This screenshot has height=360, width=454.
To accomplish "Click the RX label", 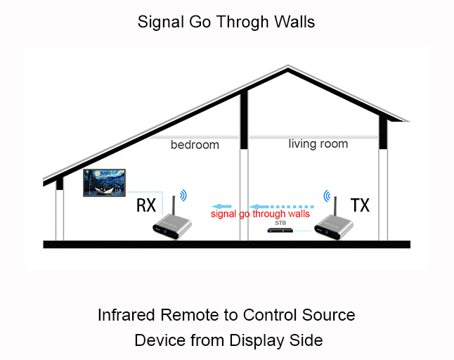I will [145, 205].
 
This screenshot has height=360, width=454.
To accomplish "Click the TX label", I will [360, 205].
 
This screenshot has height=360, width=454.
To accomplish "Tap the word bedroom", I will [195, 145].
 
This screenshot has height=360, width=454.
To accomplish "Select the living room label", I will [318, 143].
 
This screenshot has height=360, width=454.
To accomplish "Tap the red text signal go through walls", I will [261, 214].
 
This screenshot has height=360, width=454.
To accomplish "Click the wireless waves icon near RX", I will [183, 194].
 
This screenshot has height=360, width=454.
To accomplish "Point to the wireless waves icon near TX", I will [326, 194].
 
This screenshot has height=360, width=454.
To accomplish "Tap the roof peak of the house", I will [288, 67].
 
